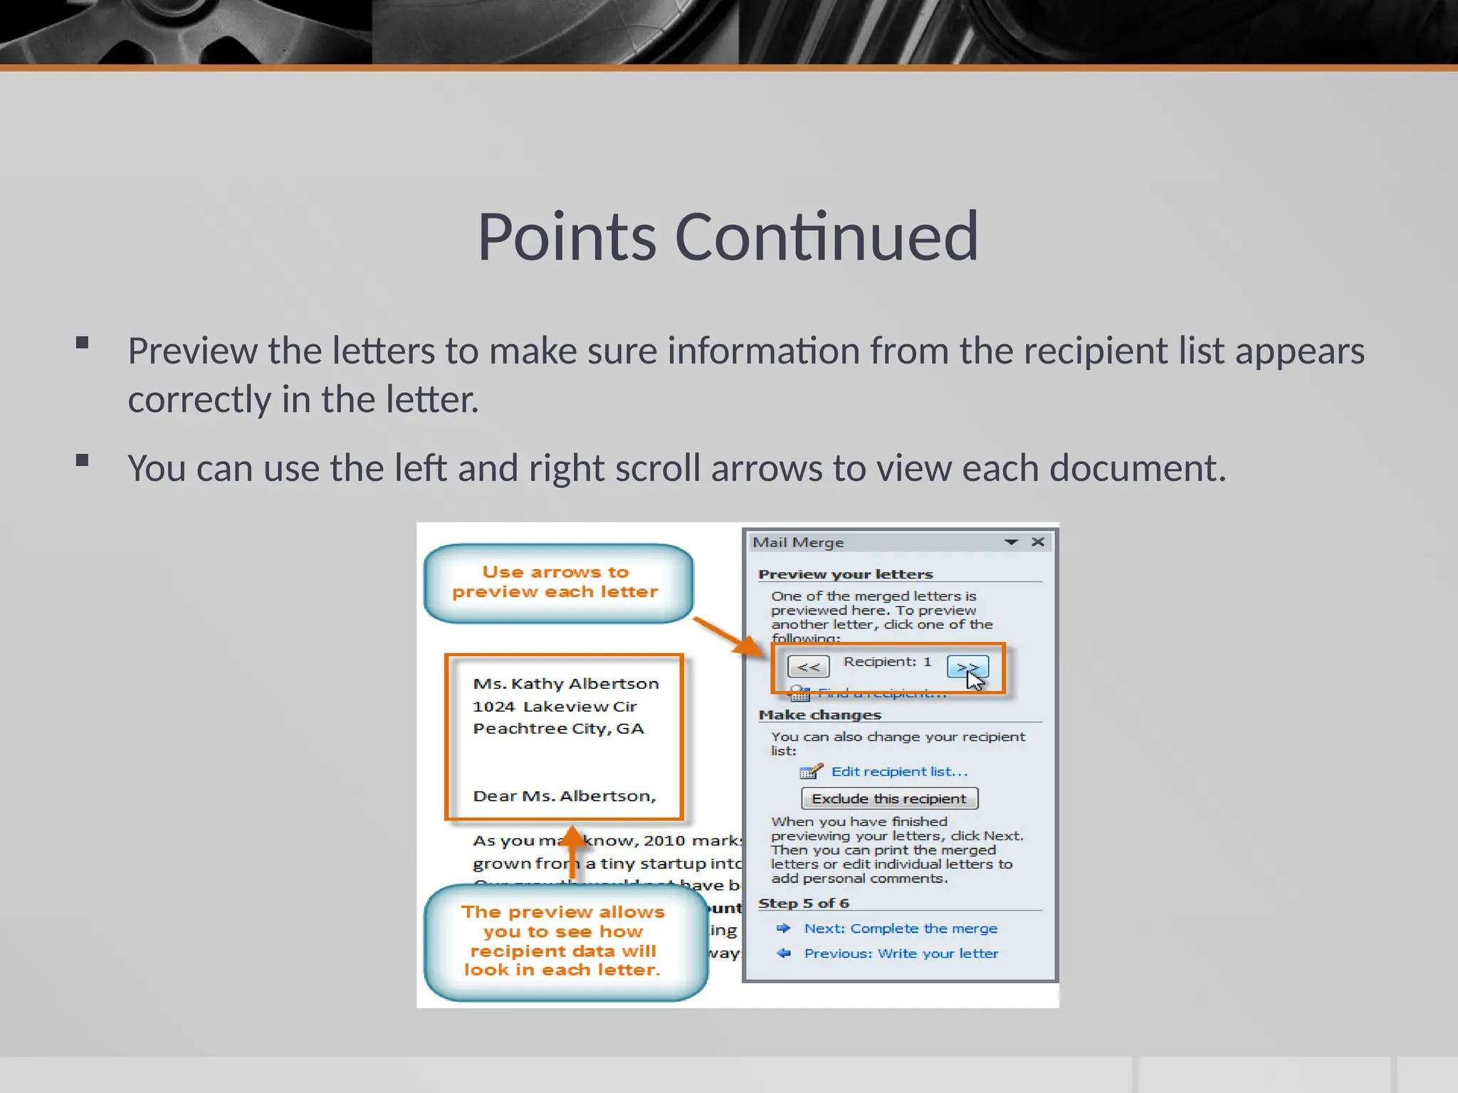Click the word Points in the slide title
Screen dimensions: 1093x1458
567,237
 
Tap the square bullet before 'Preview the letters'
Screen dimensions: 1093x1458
83,343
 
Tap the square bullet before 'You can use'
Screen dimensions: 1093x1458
83,460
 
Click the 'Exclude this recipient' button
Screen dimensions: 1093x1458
889,798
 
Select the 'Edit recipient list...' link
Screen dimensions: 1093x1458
899,771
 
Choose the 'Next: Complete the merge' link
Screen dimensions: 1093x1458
901,928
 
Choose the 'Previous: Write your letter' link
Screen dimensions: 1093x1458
901,954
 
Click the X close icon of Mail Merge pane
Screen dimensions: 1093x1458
1038,542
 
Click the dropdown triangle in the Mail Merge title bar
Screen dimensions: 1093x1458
1011,542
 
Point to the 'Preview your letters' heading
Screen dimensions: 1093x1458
845,574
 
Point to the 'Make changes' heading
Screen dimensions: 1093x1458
819,714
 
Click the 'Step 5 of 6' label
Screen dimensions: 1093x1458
803,903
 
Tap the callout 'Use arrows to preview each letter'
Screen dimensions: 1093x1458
556,582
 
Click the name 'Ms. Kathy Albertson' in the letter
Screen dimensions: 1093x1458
566,684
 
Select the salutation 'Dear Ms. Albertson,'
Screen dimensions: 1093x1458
565,796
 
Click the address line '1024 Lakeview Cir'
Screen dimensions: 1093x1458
555,707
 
